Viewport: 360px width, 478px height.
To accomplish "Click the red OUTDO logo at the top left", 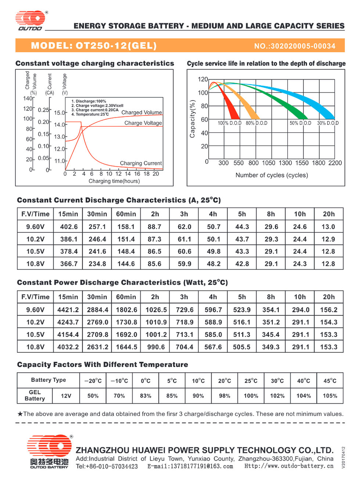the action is (30, 21).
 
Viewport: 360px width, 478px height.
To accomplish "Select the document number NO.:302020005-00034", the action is (295, 46).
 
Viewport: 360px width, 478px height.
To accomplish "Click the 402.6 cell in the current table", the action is (69, 227).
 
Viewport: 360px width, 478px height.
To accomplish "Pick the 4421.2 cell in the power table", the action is (68, 309).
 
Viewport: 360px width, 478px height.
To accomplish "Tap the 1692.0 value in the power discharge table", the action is (126, 334).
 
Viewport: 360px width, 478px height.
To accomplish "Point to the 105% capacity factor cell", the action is (330, 396).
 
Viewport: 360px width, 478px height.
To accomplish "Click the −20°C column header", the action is (93, 381).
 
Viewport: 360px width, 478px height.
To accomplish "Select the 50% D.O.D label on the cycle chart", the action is (300, 123).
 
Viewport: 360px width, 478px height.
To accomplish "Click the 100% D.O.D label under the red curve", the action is (230, 123).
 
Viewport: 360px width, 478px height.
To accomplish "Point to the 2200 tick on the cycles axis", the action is (335, 163).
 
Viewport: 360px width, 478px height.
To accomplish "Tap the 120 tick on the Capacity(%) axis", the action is (203, 79).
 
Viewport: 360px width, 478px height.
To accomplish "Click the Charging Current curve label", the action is (141, 163).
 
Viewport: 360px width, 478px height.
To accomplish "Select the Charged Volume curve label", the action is (142, 112).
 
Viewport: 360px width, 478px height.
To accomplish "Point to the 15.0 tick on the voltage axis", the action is (60, 113).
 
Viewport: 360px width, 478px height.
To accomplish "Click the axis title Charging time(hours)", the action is (114, 181).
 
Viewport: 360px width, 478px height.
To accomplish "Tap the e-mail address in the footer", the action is (190, 466).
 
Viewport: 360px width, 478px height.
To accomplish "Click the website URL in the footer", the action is (289, 466).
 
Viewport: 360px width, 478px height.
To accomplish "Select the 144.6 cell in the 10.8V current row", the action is (126, 264).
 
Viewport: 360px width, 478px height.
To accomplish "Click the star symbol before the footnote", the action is (20, 414).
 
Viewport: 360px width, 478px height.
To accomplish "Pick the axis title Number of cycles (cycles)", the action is (272, 175).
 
